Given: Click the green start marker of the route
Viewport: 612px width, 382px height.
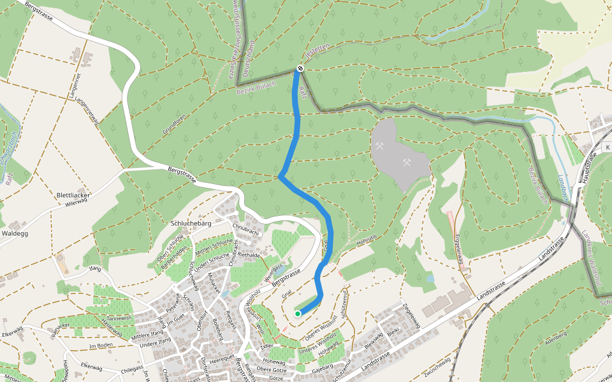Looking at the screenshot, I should click(x=298, y=313).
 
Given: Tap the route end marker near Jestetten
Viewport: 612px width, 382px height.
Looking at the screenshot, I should click(x=300, y=68).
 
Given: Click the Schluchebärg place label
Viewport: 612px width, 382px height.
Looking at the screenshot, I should click(x=191, y=223).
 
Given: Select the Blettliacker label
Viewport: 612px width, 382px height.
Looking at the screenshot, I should click(x=75, y=195).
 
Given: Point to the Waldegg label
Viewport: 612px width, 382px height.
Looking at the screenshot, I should click(x=15, y=234).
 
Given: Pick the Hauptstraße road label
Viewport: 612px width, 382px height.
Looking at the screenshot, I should click(x=587, y=168).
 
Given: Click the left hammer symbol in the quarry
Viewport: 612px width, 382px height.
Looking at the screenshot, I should click(x=381, y=145).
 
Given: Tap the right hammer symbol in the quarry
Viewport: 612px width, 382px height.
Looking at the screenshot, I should click(x=405, y=162).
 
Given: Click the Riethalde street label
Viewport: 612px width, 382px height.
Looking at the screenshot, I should click(x=250, y=255).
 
